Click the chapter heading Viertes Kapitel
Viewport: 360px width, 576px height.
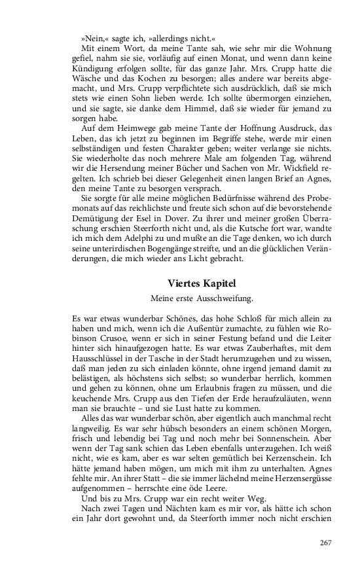202,283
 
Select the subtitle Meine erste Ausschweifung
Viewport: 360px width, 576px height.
202,299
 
